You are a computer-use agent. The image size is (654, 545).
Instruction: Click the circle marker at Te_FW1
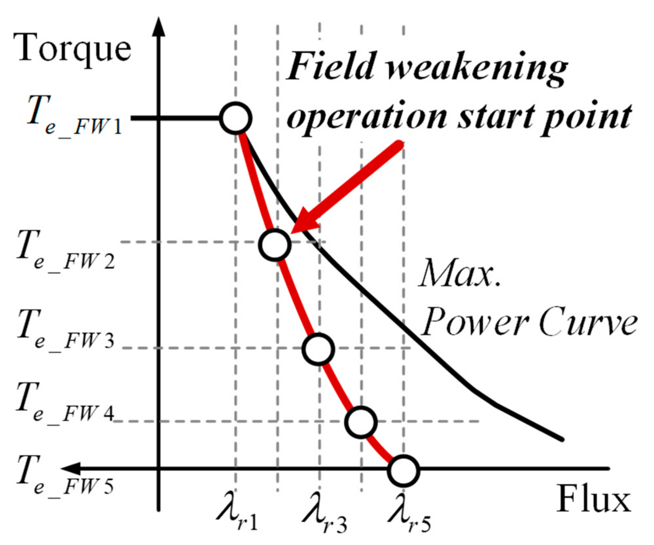pyautogui.click(x=236, y=119)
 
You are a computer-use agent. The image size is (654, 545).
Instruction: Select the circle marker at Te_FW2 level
pyautogui.click(x=274, y=245)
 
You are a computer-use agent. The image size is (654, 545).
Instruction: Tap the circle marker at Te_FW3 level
pyautogui.click(x=318, y=349)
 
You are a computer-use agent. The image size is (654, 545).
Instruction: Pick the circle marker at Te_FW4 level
pyautogui.click(x=361, y=422)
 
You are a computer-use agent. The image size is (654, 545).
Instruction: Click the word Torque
pyautogui.click(x=72, y=49)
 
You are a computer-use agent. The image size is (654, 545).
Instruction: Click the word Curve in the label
pyautogui.click(x=588, y=323)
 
